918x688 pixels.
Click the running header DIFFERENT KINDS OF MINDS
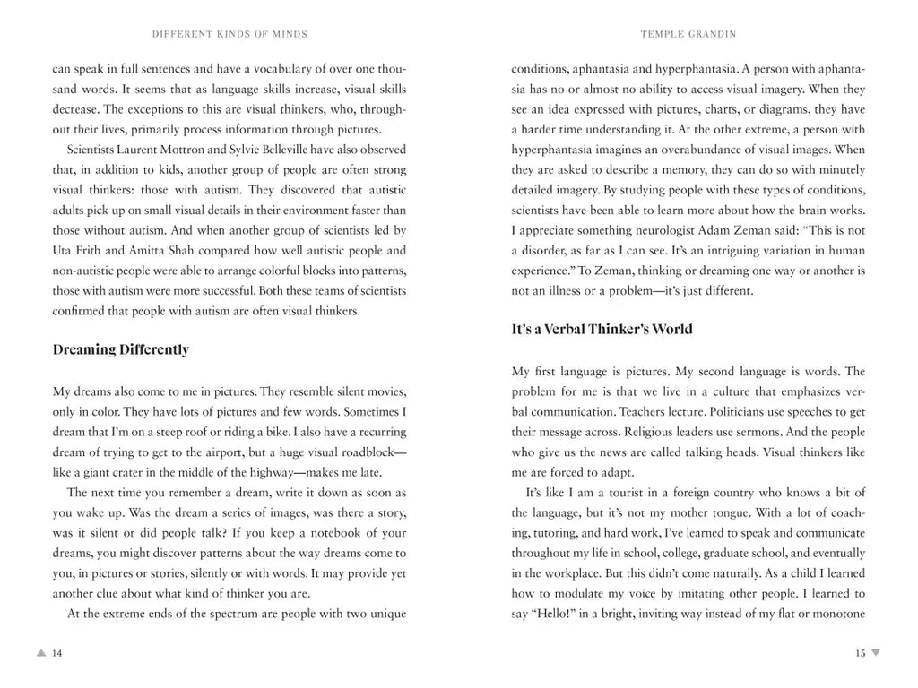(230, 34)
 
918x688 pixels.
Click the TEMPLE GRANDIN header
(689, 34)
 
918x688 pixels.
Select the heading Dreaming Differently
(121, 349)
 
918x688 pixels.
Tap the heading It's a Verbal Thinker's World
(602, 329)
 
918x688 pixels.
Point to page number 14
(57, 653)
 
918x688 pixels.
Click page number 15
(860, 653)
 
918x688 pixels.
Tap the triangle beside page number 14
(41, 653)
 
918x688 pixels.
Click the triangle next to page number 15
(876, 653)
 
